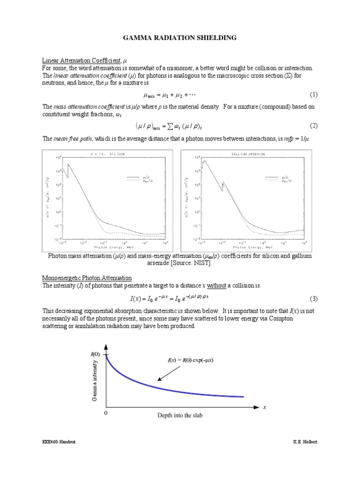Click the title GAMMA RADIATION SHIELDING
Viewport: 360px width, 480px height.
click(180, 37)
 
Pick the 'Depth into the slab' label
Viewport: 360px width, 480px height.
click(180, 416)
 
